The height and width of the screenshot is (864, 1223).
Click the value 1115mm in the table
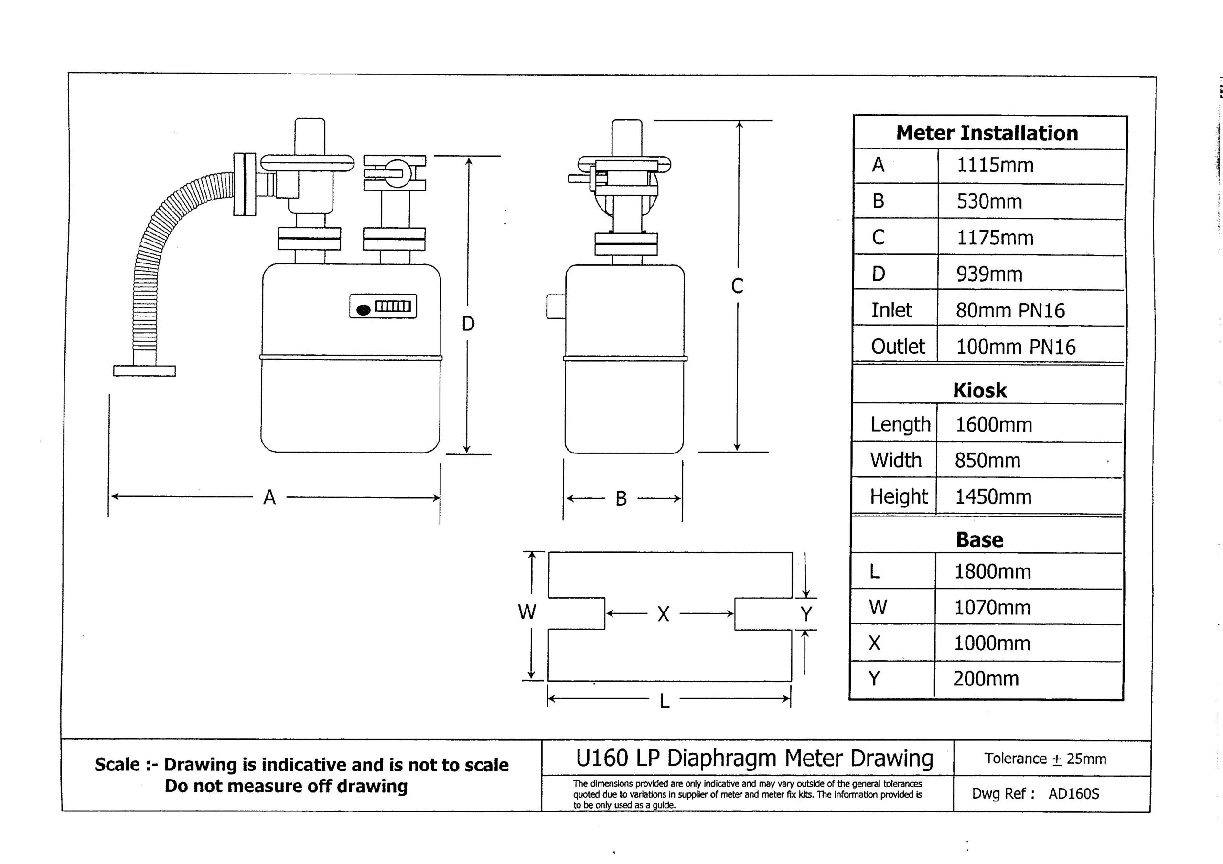coord(995,165)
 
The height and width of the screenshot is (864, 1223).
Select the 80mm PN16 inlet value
coord(1010,310)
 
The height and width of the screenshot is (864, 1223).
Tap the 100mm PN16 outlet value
coord(1015,347)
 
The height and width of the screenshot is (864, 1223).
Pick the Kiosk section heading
coord(979,390)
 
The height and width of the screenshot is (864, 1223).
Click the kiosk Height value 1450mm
coord(993,496)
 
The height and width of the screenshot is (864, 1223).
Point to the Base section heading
coord(979,540)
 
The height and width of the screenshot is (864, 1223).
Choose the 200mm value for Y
coord(986,679)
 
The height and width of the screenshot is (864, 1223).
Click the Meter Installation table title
coord(987,133)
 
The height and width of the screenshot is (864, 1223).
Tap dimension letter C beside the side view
coord(737,286)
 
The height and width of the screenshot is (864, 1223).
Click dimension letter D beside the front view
coord(468,324)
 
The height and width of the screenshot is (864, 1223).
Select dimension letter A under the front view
coord(269,498)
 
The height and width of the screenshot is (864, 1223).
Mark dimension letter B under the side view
coord(621,499)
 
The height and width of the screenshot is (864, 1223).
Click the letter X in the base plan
coord(663,614)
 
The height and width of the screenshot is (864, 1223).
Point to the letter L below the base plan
coord(664,702)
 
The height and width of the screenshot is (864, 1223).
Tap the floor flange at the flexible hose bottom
coord(144,370)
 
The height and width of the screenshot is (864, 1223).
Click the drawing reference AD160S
coord(1073,794)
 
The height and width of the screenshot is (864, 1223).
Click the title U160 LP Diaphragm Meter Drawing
coord(754,758)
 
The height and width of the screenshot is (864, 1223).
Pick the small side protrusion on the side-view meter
coord(556,306)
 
